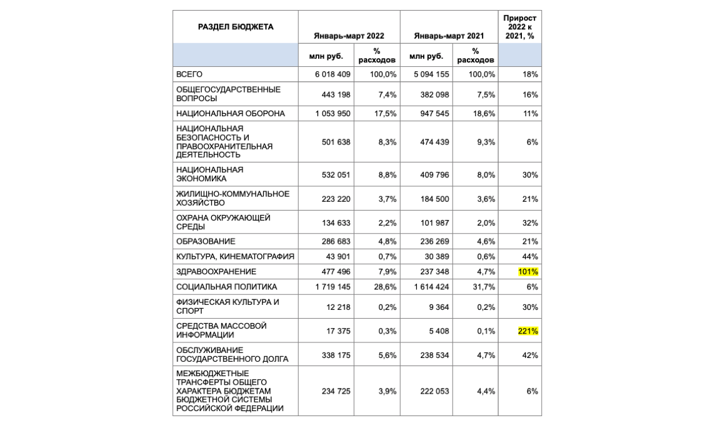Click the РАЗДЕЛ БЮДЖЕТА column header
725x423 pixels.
coord(236,27)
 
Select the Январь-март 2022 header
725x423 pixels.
coord(349,36)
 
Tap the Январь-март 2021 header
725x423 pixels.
coord(449,36)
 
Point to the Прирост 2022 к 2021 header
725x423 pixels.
coord(519,27)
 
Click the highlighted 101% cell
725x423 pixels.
coord(528,272)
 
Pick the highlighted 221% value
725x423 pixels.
coord(528,331)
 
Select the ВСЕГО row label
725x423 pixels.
coord(189,74)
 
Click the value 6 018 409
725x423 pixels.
coord(332,74)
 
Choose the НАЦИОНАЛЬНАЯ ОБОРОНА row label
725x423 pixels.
coord(231,114)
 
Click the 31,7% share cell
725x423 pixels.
coord(485,287)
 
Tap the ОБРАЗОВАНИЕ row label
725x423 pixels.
coord(206,241)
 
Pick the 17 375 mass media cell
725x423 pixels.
coord(337,331)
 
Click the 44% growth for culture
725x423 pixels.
coord(530,256)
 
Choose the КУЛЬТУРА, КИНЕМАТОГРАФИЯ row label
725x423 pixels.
coord(235,256)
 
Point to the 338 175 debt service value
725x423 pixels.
coord(335,356)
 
